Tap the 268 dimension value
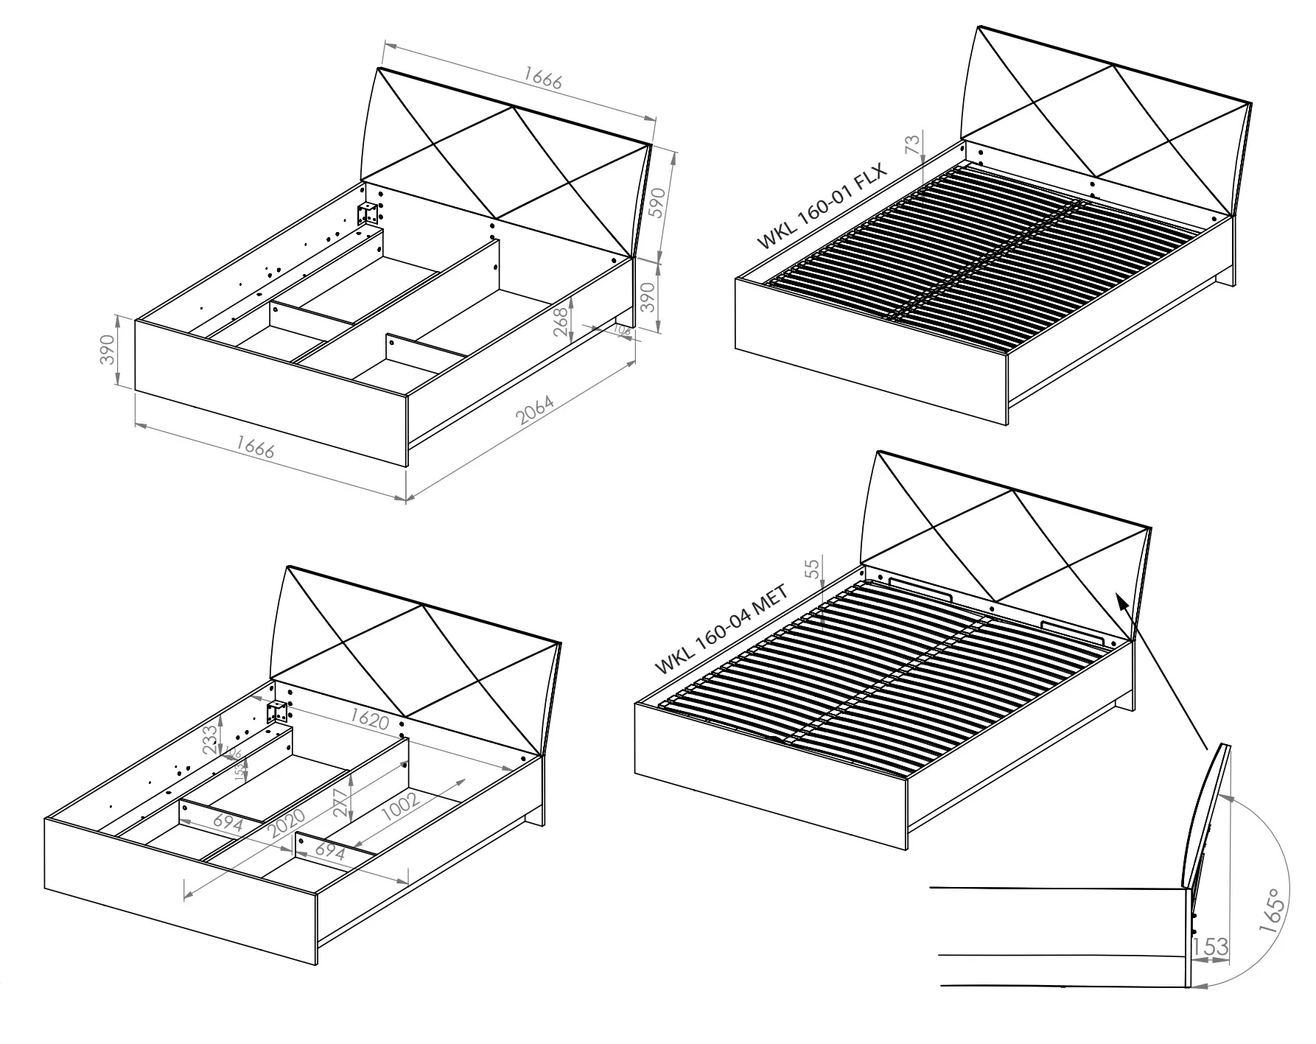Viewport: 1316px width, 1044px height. (561, 321)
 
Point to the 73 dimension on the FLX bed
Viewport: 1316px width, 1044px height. (912, 144)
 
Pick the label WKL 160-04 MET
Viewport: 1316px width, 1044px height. (722, 630)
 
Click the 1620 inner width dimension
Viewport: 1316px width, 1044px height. (369, 718)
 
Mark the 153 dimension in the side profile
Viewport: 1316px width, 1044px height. (1209, 946)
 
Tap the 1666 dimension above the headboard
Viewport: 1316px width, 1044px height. (542, 77)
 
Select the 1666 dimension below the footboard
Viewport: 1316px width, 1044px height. (255, 446)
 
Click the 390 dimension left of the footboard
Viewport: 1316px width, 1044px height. (107, 350)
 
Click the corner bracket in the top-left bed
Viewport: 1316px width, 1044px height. (368, 214)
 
